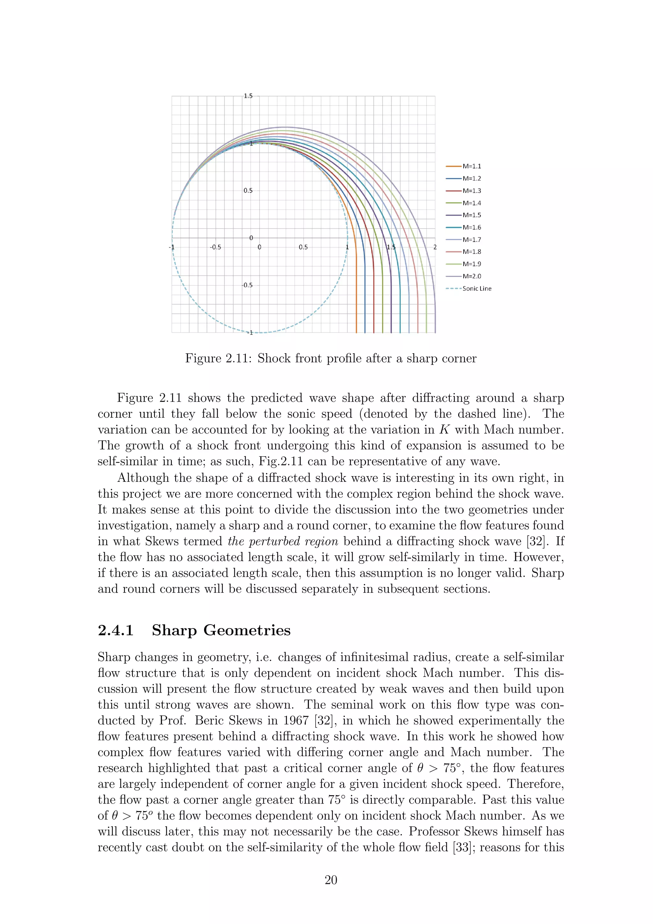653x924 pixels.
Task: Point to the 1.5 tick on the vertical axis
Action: (248, 96)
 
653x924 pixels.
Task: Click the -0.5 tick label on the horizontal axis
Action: (216, 247)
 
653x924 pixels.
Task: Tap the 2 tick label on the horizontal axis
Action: (435, 247)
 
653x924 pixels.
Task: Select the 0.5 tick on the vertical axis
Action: (248, 190)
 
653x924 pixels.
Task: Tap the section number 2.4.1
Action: (116, 630)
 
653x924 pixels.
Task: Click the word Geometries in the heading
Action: (247, 630)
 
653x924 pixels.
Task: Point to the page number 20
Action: (331, 880)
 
